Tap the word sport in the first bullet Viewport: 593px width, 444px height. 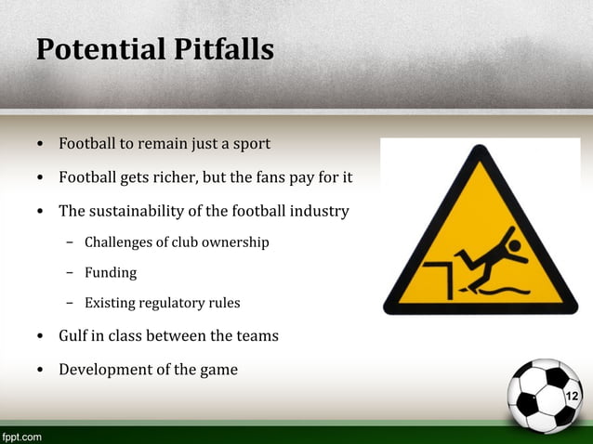(251, 145)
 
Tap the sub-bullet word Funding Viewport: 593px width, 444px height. (111, 273)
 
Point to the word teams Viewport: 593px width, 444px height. (257, 335)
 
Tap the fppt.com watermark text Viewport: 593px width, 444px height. (21, 436)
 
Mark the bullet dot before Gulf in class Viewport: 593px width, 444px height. (40, 336)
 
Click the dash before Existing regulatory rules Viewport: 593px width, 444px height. (70, 303)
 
